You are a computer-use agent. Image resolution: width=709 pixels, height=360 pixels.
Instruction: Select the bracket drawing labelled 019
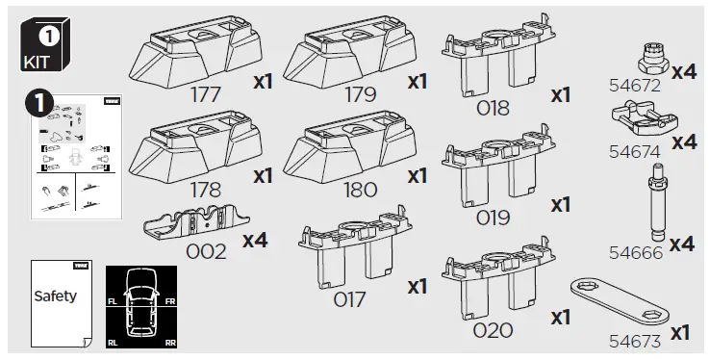(x=492, y=165)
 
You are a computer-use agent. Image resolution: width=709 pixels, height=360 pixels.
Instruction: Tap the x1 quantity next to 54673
(x=679, y=332)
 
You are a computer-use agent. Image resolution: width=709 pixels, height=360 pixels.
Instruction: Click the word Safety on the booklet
(x=55, y=296)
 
